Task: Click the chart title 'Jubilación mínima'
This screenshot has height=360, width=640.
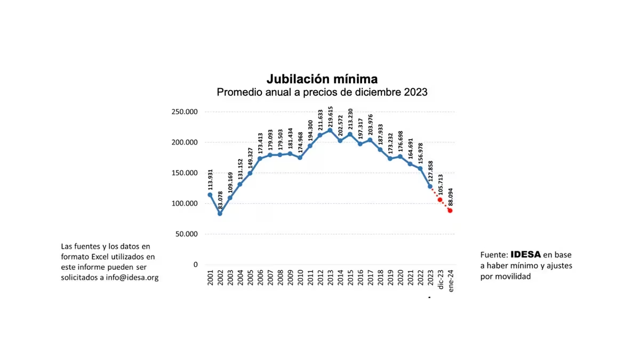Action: click(x=322, y=79)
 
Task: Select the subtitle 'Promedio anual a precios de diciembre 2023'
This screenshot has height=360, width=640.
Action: click(x=322, y=92)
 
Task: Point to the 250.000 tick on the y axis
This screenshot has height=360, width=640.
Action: click(x=184, y=112)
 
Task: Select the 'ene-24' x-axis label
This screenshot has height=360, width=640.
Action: click(x=451, y=279)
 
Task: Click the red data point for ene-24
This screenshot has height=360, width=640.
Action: click(x=450, y=211)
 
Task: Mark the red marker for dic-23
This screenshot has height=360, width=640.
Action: click(x=440, y=200)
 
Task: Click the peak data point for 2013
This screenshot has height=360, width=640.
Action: click(x=330, y=130)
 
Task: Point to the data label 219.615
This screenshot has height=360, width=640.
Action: click(x=330, y=116)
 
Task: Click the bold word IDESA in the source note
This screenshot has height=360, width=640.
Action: click(x=525, y=254)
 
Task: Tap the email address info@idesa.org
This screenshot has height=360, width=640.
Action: click(x=132, y=277)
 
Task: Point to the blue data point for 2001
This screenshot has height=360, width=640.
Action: click(x=210, y=195)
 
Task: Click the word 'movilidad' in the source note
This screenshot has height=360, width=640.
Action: click(x=514, y=276)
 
